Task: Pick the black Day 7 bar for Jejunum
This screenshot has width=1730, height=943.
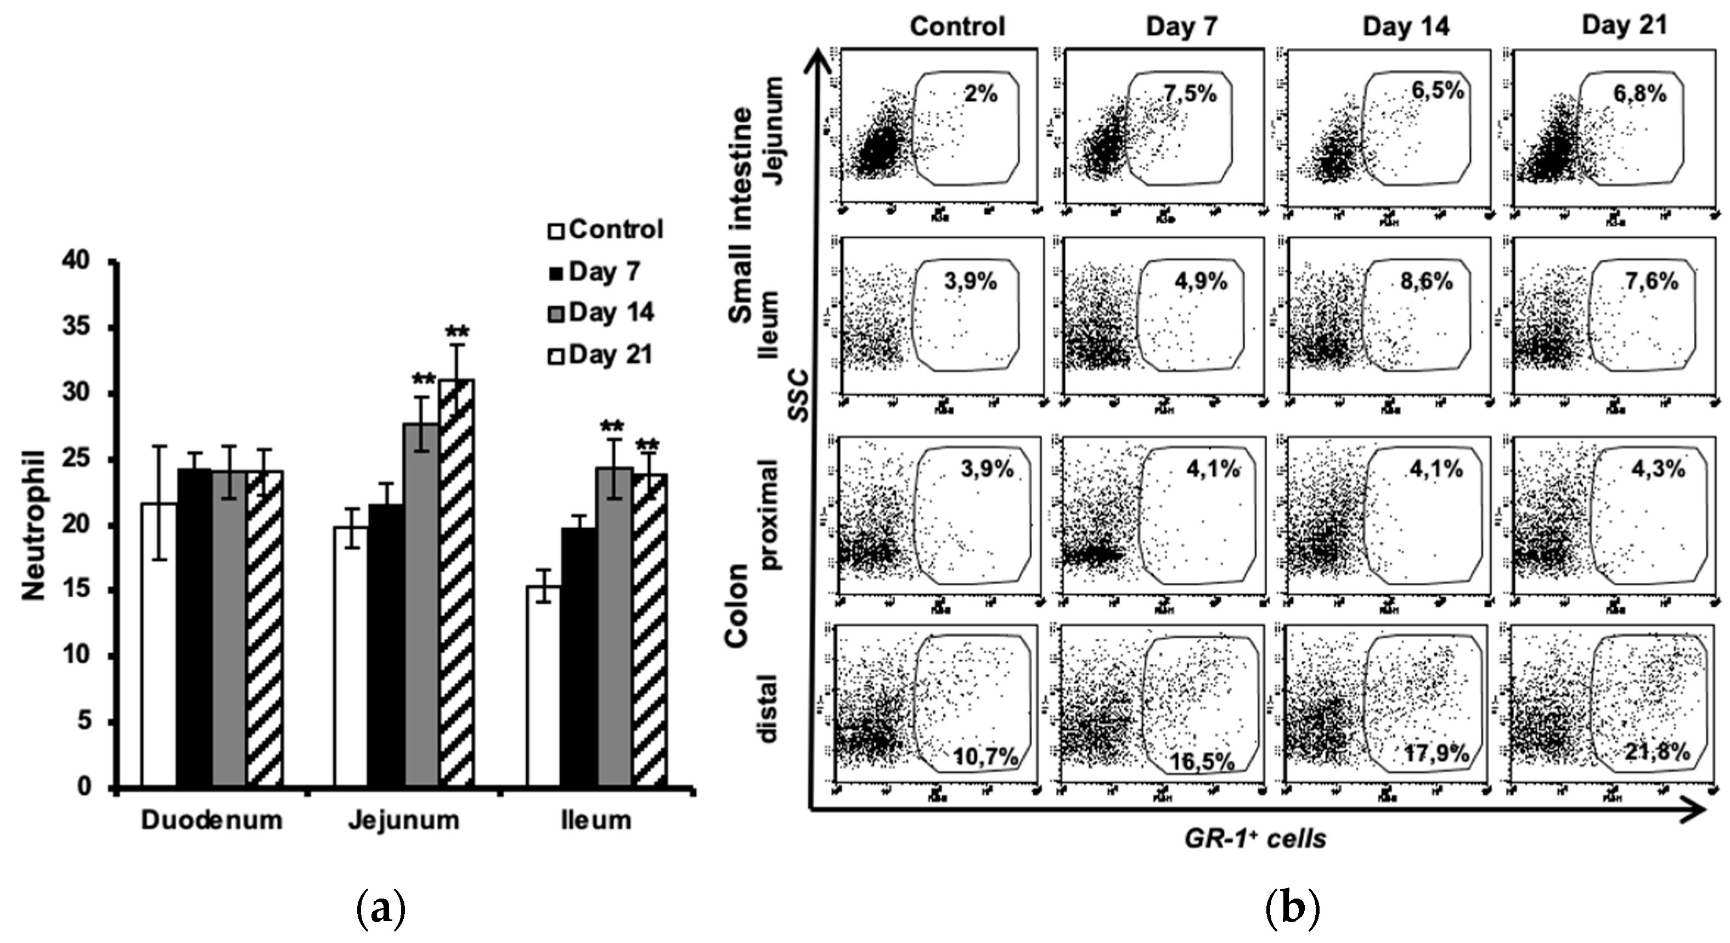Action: pos(386,645)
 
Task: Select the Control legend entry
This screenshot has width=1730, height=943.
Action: pos(606,229)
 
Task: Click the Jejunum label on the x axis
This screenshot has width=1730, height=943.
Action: pos(404,820)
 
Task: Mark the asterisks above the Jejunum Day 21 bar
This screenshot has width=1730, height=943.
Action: pos(458,333)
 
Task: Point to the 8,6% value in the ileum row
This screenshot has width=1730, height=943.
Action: pos(1427,282)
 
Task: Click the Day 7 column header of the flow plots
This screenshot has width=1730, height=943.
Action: pos(1181,27)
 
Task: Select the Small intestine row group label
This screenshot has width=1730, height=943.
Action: pos(741,215)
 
